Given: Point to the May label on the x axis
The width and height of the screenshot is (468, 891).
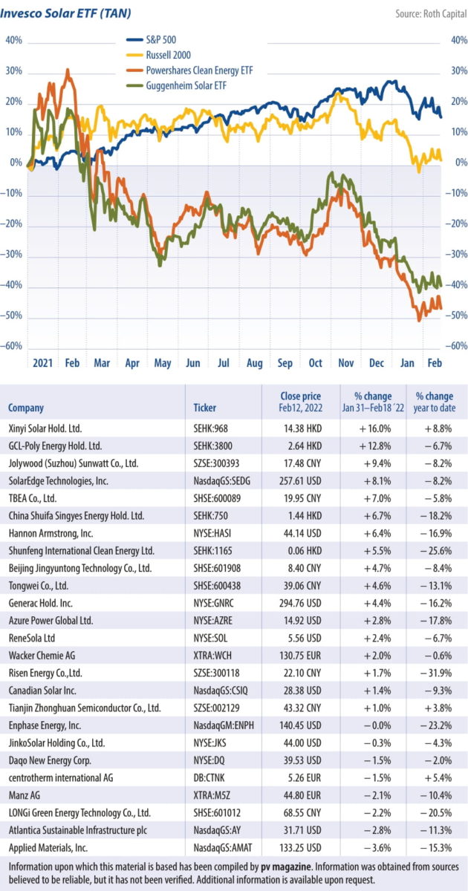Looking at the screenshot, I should tap(163, 363).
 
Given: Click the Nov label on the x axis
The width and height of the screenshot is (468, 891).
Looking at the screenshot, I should tap(345, 363).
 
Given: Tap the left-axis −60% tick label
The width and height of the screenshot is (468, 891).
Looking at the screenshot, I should tap(13, 347).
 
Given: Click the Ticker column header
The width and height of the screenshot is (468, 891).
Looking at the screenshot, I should tap(204, 408).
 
